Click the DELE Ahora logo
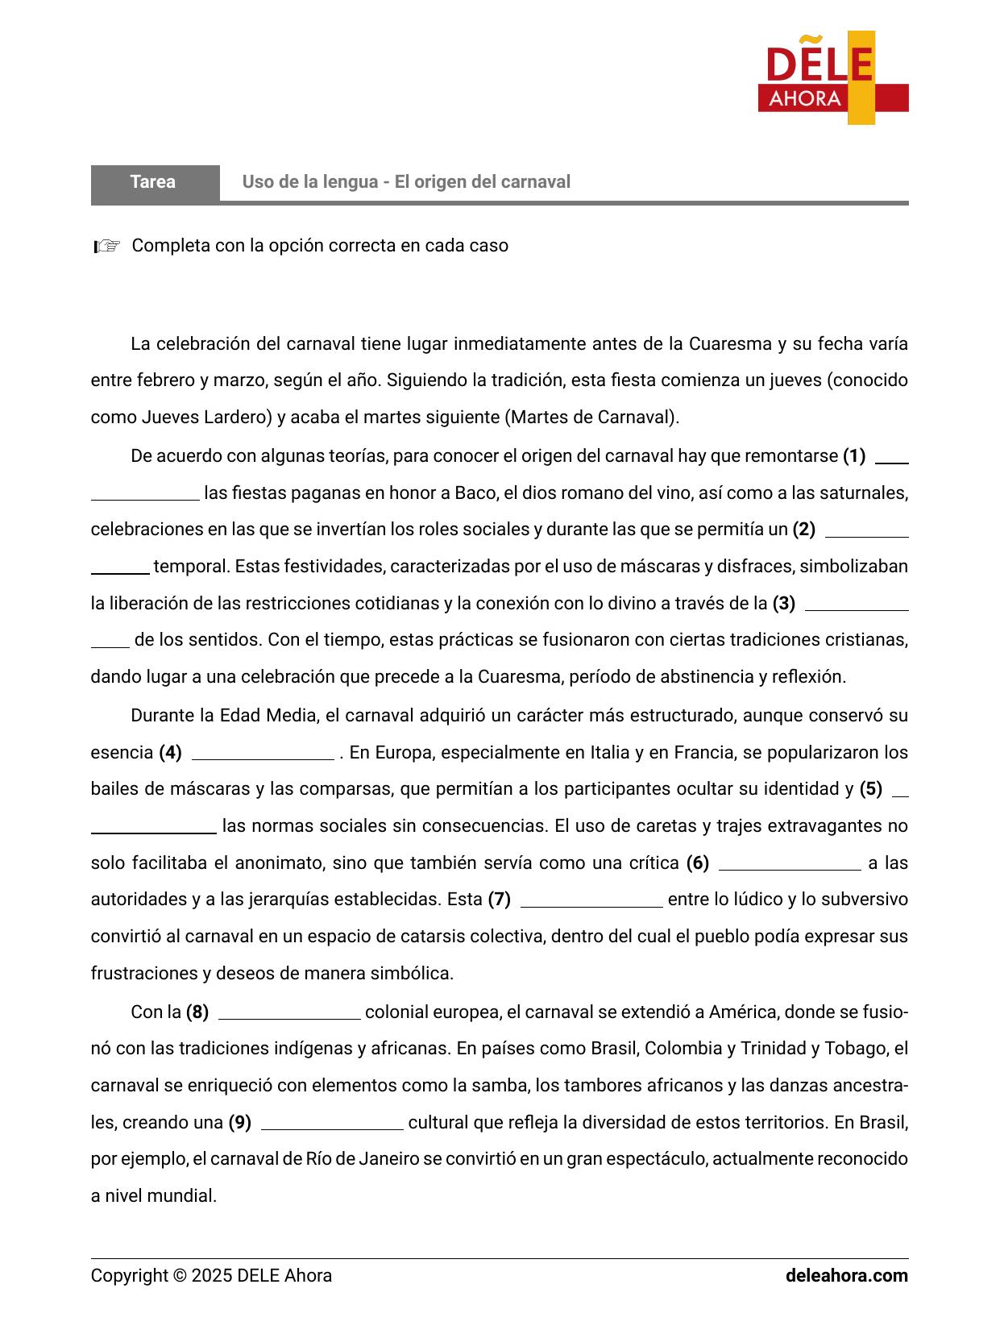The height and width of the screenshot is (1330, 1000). (832, 78)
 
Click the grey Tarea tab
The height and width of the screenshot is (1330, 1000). (154, 182)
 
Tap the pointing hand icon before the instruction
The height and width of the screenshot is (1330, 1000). (106, 246)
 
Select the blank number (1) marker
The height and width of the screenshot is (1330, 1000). (853, 456)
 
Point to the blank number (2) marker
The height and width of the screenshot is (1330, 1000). (803, 530)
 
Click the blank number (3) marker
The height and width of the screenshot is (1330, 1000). (783, 603)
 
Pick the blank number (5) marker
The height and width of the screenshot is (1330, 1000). (871, 789)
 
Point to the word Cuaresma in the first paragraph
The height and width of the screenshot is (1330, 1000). (730, 344)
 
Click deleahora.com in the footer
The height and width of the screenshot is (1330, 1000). (846, 1276)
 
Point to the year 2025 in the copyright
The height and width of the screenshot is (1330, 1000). (212, 1276)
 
